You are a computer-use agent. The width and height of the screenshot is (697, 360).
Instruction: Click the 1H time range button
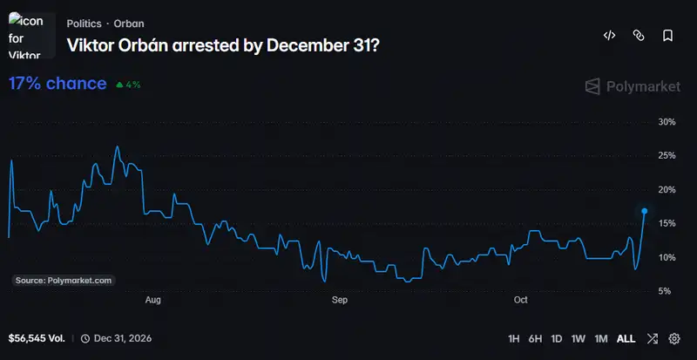(x=513, y=338)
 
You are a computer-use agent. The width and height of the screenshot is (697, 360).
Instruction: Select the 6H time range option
(x=535, y=338)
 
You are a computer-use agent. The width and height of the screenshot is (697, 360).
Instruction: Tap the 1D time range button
(x=557, y=338)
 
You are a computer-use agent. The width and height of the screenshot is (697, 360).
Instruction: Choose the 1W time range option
(x=579, y=338)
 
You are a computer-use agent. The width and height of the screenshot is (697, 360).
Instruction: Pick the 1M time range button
(x=601, y=338)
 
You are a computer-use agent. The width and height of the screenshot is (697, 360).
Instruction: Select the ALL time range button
(x=626, y=338)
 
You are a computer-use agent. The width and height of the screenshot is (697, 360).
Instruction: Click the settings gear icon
(x=674, y=338)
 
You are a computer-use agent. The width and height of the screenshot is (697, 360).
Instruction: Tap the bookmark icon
(x=667, y=36)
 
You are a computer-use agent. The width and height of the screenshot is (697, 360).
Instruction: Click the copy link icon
(x=639, y=36)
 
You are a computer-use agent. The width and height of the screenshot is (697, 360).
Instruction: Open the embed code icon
(x=609, y=36)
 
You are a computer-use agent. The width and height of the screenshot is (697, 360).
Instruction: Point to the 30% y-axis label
(x=667, y=122)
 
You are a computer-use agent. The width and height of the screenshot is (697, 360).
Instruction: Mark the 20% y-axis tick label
(x=667, y=189)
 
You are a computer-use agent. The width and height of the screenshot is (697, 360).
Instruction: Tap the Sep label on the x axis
(x=340, y=300)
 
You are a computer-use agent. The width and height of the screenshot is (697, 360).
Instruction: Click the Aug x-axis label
(x=153, y=300)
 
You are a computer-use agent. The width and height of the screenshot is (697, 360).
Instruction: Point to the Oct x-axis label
(x=520, y=300)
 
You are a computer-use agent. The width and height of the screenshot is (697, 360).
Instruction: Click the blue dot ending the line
(x=645, y=211)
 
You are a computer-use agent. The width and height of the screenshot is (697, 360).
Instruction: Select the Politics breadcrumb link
(x=84, y=24)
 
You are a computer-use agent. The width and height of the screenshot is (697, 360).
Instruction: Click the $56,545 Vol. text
(x=37, y=338)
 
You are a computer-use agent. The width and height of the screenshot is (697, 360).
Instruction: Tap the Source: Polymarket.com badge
(x=64, y=281)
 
